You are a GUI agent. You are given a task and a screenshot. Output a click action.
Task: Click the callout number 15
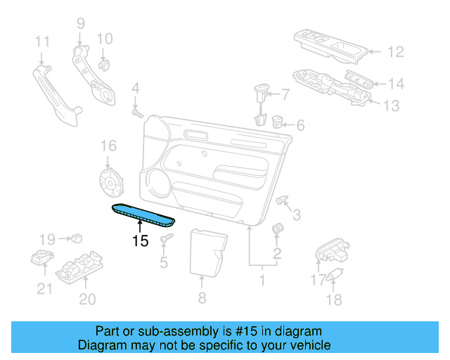[141, 240]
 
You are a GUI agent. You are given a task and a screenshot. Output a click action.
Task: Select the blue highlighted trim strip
[142, 214]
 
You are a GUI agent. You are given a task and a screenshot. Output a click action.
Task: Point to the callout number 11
[43, 40]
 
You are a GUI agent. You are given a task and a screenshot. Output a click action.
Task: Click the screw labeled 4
[138, 112]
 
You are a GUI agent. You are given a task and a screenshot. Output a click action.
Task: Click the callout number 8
[202, 298]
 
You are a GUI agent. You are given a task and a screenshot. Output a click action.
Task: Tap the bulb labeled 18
[333, 274]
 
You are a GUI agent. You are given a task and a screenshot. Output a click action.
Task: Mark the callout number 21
[44, 289]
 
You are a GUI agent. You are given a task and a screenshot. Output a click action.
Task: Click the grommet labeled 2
[277, 229]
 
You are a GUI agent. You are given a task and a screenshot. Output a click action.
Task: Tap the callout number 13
[390, 106]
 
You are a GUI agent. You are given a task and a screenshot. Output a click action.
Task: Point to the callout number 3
[297, 214]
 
